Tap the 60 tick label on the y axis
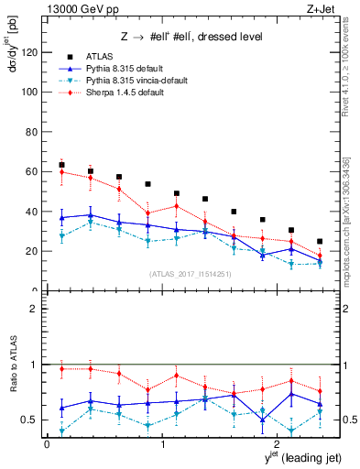[31, 171]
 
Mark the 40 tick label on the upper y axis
[31, 212]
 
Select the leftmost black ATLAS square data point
[61, 165]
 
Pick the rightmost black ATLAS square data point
[320, 242]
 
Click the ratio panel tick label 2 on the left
[34, 309]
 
